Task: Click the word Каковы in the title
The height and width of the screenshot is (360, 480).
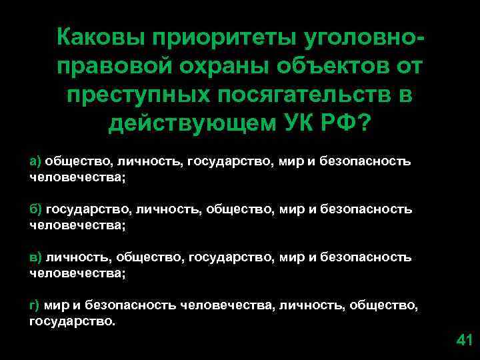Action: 98,38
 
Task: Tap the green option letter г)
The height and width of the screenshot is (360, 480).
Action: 35,305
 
